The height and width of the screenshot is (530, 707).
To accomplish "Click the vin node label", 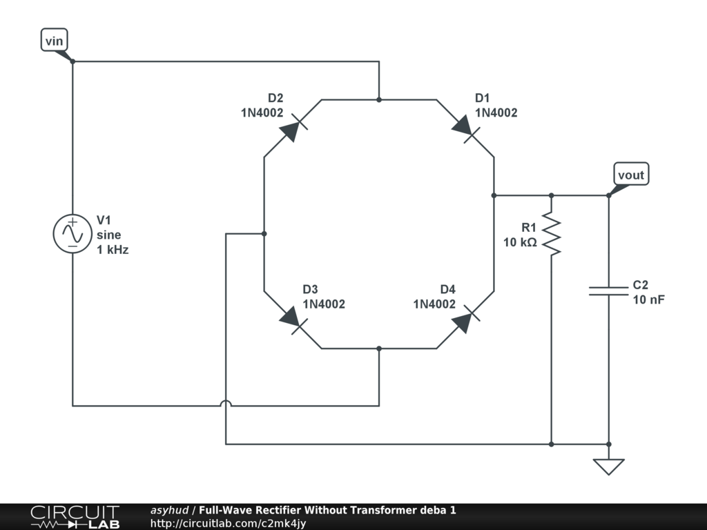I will (54, 41).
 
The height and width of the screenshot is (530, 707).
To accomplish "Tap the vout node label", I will (631, 175).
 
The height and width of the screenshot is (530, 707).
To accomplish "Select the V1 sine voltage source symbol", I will (72, 234).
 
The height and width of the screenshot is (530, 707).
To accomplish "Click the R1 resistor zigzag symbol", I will (551, 233).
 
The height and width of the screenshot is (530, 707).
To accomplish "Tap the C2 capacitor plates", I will (608, 291).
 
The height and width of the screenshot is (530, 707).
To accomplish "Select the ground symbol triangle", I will (608, 467).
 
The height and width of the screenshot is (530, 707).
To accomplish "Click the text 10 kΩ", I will (520, 242).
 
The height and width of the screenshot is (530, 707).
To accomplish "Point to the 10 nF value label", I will (648, 299).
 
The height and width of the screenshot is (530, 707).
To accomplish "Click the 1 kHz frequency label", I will (113, 250).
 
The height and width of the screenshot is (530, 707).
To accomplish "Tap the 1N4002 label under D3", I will (324, 304).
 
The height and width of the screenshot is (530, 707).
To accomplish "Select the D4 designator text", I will (448, 289).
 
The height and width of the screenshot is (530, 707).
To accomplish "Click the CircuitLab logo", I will (75, 517).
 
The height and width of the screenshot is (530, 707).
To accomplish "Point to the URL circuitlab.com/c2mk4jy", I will (228, 524).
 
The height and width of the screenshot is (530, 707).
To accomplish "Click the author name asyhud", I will (169, 511).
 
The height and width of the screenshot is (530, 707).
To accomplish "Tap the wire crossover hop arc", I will (226, 405).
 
